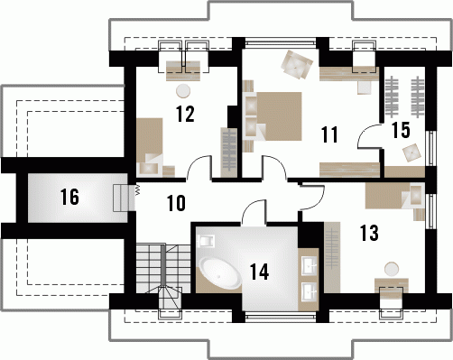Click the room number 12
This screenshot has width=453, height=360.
(185, 114)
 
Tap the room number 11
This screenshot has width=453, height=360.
(329, 134)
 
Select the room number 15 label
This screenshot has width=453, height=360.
(401, 130)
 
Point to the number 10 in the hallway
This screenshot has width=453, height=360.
(176, 203)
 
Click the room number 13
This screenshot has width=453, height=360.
(369, 233)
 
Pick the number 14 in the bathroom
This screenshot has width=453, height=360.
(259, 272)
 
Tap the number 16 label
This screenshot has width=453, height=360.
(69, 197)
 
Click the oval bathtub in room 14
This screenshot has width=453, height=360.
(220, 272)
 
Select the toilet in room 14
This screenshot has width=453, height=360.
(207, 241)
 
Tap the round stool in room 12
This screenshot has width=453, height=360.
(183, 91)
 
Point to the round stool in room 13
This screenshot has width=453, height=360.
(392, 269)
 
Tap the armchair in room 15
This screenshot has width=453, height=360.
(411, 152)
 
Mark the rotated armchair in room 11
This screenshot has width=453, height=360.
(297, 65)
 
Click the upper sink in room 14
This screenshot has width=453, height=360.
(309, 265)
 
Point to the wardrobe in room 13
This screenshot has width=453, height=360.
(332, 257)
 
